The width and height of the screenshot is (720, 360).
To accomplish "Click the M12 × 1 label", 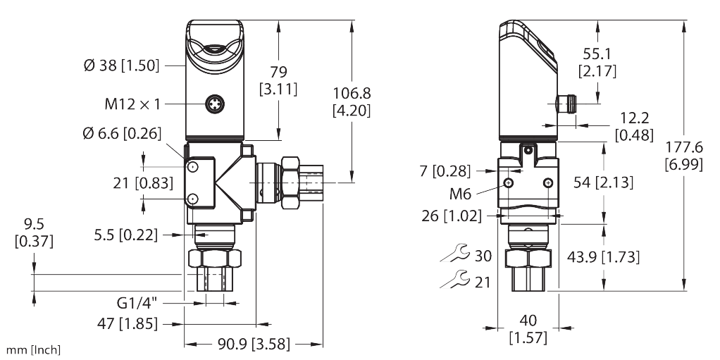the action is tap(132, 104).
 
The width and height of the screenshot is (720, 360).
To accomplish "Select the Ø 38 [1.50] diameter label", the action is tap(122, 66).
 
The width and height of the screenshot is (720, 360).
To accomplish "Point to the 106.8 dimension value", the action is tap(352, 93).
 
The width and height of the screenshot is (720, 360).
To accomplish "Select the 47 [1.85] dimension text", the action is tap(128, 324).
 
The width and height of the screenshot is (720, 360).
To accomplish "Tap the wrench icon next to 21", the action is tap(454, 279).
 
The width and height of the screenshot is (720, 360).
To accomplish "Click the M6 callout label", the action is tap(460, 194).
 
